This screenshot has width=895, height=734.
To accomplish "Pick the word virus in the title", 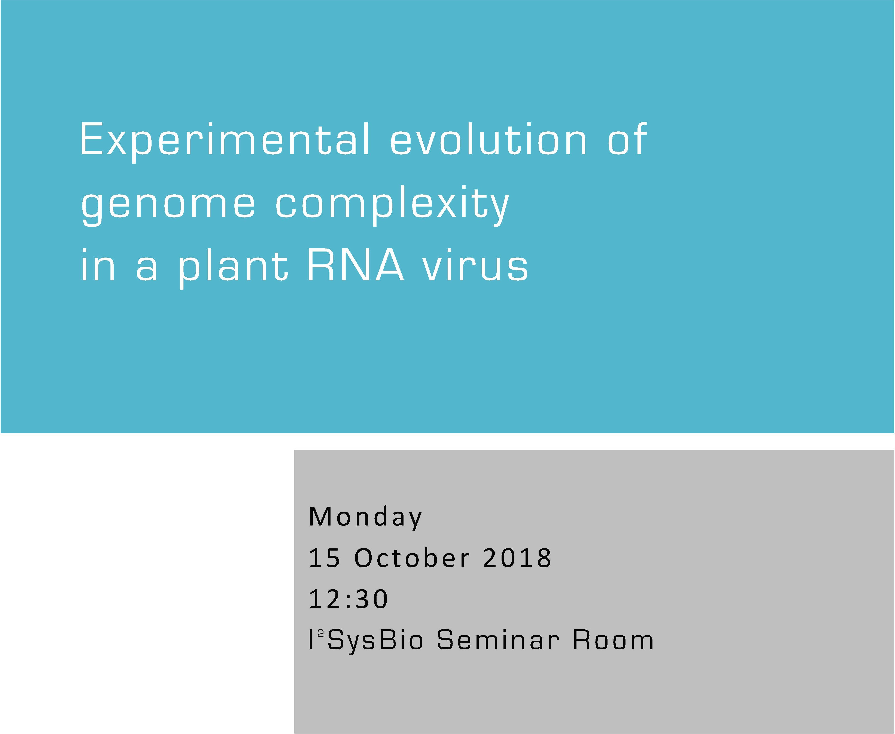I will (x=476, y=267).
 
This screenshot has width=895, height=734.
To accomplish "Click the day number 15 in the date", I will (x=324, y=558).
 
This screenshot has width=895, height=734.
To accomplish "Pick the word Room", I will (x=613, y=640).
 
